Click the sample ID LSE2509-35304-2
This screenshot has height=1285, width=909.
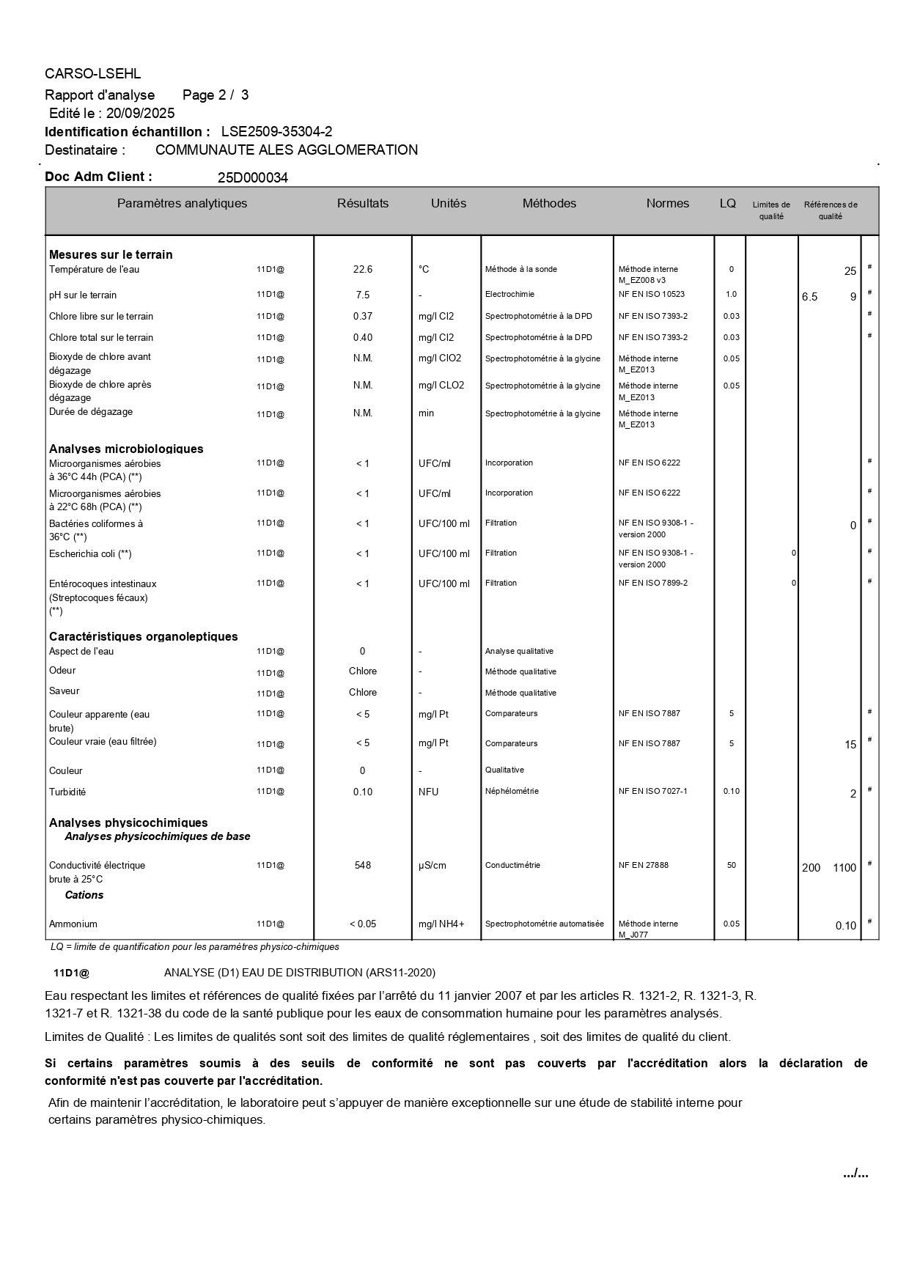point(276,132)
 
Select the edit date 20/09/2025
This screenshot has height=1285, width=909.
point(140,113)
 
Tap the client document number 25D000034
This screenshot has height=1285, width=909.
point(253,177)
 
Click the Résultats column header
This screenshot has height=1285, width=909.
point(363,204)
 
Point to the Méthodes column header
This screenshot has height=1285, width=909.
point(549,204)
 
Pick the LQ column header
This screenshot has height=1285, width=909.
point(727,204)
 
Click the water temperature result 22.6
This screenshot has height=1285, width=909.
point(363,270)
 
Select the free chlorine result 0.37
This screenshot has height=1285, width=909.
point(363,317)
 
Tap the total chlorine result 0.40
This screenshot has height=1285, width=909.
point(363,338)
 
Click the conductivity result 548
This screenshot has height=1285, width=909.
point(363,866)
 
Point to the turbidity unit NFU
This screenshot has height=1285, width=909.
point(429,792)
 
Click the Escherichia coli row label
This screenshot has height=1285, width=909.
point(90,554)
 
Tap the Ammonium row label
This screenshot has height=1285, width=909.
point(73,924)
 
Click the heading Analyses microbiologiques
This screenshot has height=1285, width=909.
point(126,449)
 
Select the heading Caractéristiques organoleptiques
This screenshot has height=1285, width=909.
point(144,636)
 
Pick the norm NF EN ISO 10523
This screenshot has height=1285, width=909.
point(652,295)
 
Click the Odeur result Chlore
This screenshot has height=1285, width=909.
point(363,671)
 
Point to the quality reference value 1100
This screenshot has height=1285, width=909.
point(844,868)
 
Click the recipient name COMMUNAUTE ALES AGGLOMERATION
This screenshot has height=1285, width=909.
point(287,150)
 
